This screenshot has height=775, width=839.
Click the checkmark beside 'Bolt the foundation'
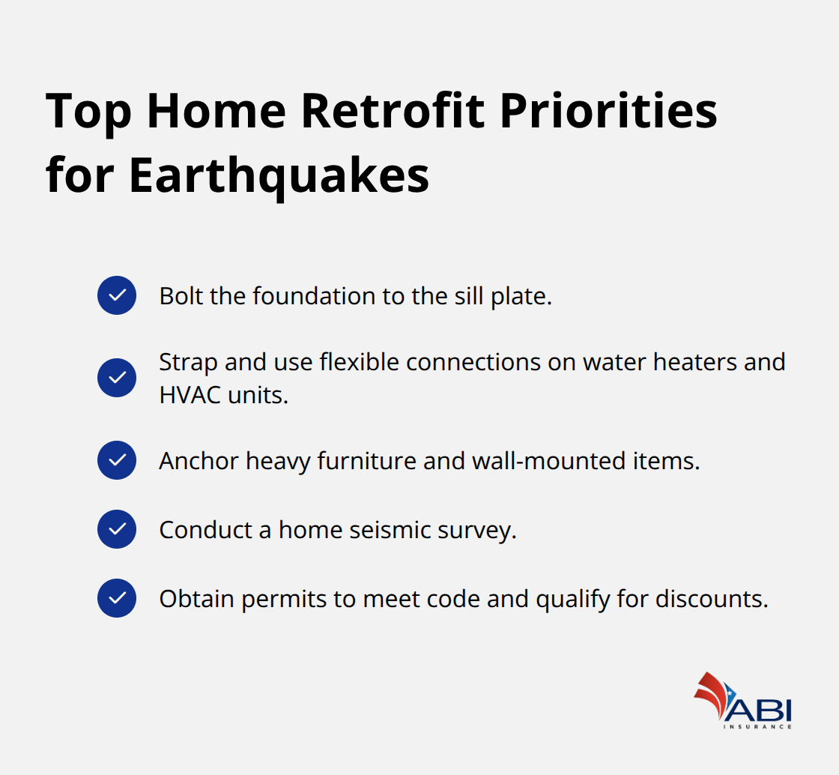coord(117,295)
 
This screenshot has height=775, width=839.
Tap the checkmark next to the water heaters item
coord(117,378)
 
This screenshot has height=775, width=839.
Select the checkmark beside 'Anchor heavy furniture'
coord(117,460)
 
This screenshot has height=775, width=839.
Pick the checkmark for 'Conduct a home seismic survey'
coord(117,530)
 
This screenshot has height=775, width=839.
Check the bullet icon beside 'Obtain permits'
coord(117,598)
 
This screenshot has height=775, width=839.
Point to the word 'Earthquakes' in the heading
coord(279,177)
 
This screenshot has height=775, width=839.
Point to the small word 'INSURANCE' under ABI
coord(757,726)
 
